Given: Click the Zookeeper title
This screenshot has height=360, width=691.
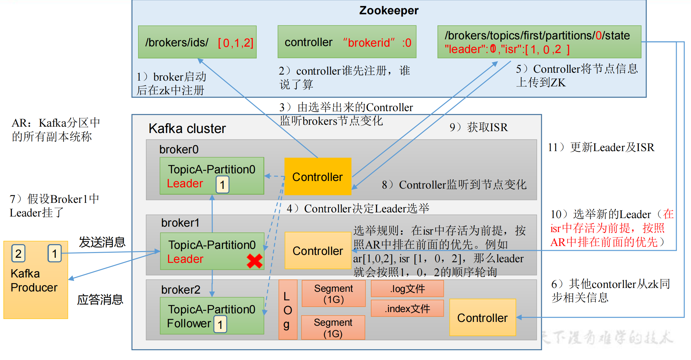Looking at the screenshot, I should (x=389, y=10).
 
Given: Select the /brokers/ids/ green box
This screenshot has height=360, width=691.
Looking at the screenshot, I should (x=197, y=42).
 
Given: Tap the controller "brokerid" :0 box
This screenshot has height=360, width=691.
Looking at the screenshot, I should (x=347, y=42).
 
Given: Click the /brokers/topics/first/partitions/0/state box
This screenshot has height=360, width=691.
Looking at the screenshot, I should (x=539, y=42).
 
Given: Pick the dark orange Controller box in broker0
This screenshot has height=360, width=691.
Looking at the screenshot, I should (x=318, y=177).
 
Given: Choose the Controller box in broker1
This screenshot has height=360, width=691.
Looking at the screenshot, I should (x=318, y=250).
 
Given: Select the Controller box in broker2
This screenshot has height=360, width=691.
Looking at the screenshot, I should (x=482, y=317).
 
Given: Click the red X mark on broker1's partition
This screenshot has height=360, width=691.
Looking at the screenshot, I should (x=254, y=261).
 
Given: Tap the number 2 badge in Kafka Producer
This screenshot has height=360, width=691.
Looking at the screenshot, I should (x=18, y=253).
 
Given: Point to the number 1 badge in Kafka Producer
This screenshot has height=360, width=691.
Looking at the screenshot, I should (x=55, y=253).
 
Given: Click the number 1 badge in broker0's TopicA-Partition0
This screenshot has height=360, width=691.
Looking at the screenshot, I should (x=222, y=184).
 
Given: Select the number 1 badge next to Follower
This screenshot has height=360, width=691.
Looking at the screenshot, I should (x=220, y=324).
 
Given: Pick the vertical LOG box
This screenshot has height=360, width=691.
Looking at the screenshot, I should (x=288, y=310).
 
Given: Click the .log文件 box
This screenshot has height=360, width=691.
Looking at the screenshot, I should (x=407, y=289).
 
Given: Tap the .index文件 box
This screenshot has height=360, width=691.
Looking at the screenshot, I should (x=407, y=308).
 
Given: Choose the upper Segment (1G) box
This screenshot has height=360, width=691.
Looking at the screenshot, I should (x=333, y=293).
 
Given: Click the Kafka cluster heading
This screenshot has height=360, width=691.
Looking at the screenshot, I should (x=187, y=129).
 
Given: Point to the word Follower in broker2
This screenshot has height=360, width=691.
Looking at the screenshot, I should (x=189, y=323).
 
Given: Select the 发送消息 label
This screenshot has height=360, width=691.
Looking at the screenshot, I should (x=102, y=242).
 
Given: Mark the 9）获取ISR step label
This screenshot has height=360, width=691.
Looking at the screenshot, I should (x=478, y=127).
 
